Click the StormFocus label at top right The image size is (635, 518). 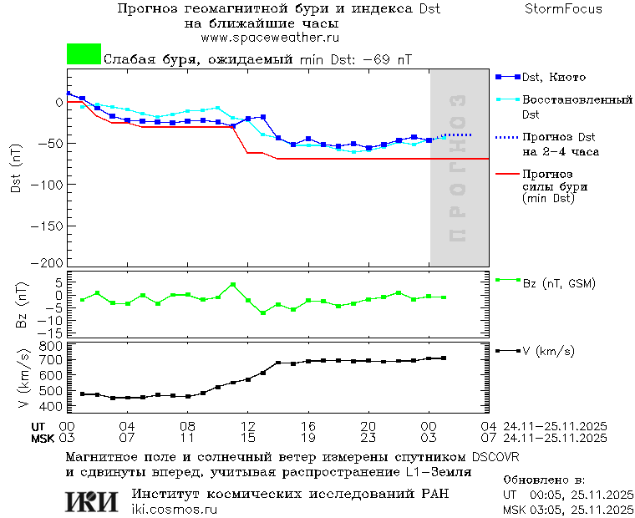tap(563, 9)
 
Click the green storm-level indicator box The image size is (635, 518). tap(84, 54)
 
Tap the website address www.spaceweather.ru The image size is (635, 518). tap(270, 38)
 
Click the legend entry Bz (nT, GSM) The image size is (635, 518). tap(559, 284)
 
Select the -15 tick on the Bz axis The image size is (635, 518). tap(50, 332)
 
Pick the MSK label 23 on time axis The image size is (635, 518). tap(368, 438)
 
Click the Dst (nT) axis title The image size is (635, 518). tap(16, 171)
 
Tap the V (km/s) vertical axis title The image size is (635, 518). tap(22, 377)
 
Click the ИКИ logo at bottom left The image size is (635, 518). tap(91, 501)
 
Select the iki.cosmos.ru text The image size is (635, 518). tap(175, 510)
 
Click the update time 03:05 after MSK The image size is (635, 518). tap(551, 509)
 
